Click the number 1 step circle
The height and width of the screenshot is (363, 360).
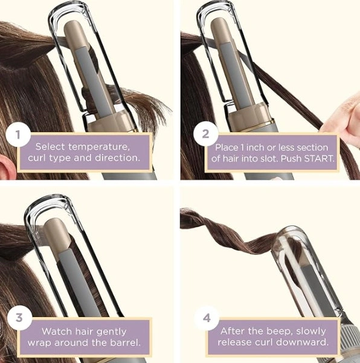pos(18,135)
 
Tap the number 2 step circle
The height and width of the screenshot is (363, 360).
pos(205,134)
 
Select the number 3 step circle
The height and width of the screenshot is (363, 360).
pos(19,317)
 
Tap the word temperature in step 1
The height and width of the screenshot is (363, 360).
pos(99,147)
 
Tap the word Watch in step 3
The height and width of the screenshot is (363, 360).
pos(57,331)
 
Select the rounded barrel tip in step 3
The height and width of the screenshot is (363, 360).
pos(53,224)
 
